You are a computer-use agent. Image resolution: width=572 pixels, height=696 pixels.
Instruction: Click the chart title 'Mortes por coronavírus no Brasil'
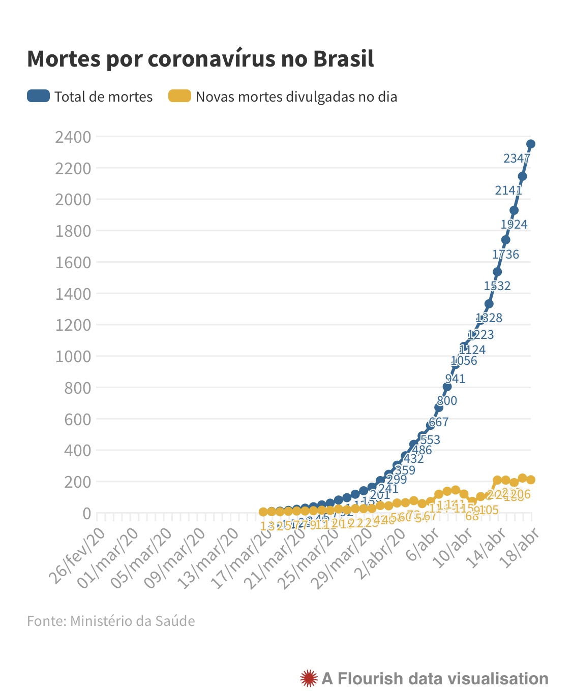(x=200, y=59)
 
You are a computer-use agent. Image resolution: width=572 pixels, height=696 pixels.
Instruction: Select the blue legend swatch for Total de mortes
(x=38, y=96)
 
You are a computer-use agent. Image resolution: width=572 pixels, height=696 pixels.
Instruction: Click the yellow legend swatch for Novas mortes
(x=179, y=96)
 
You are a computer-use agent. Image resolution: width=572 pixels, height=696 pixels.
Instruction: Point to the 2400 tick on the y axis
(x=73, y=137)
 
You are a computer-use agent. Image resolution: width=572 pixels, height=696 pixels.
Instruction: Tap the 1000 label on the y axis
(x=73, y=356)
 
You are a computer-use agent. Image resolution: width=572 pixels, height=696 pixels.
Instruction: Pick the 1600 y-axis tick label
(x=73, y=262)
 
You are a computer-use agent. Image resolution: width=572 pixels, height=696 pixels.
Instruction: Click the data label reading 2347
(x=517, y=159)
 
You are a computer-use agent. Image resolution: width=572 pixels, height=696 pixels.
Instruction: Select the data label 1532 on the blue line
(x=497, y=286)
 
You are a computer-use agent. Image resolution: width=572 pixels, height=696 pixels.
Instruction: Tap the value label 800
(x=447, y=401)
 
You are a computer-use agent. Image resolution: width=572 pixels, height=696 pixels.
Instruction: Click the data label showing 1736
(x=506, y=255)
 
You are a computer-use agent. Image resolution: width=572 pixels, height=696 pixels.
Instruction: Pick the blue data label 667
(x=438, y=422)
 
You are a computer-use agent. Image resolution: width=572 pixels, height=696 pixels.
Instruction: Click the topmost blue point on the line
(x=531, y=144)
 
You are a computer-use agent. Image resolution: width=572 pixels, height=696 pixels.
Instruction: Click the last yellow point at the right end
(x=531, y=480)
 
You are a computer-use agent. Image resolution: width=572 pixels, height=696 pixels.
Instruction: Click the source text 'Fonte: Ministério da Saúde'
(x=111, y=621)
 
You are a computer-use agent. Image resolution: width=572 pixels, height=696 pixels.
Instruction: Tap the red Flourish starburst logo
(x=309, y=679)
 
